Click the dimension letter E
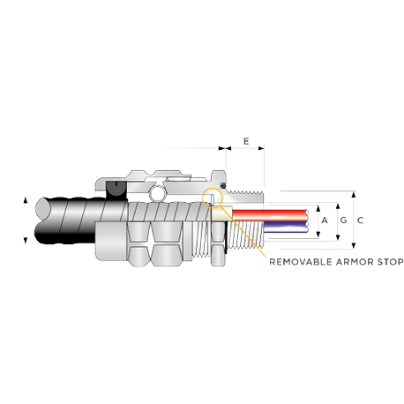(x=246, y=141)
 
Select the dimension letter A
(x=325, y=220)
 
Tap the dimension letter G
(x=343, y=220)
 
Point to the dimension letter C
(x=360, y=220)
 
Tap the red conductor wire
(x=270, y=213)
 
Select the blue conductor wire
(x=286, y=226)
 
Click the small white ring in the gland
(x=157, y=194)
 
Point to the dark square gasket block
(x=116, y=191)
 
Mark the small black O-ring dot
(x=223, y=185)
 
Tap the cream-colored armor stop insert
(x=221, y=213)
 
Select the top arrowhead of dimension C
(x=354, y=194)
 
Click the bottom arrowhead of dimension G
(x=338, y=237)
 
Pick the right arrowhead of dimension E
(x=261, y=148)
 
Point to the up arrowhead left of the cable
(x=26, y=200)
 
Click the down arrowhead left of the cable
(x=26, y=241)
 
